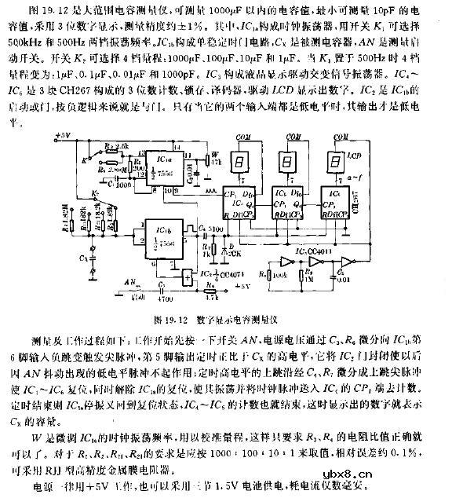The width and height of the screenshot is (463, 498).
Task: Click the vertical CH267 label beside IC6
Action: click(368, 207)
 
